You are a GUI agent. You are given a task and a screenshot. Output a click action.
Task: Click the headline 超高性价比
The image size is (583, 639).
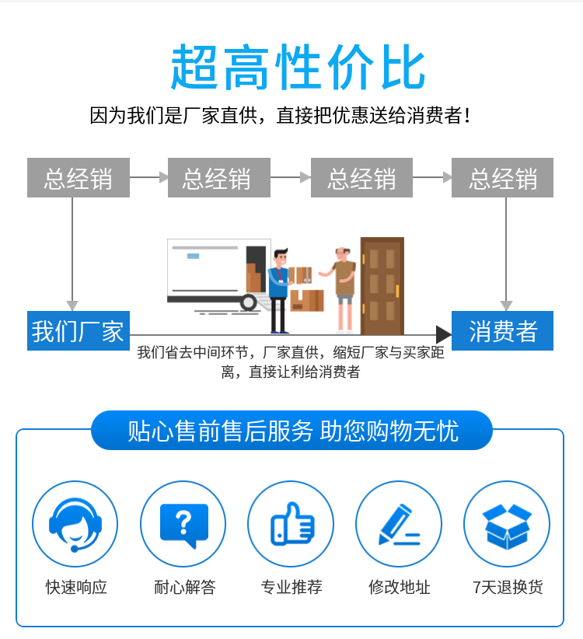(x=298, y=67)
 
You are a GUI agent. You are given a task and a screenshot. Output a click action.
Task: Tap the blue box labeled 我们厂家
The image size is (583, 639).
(x=79, y=330)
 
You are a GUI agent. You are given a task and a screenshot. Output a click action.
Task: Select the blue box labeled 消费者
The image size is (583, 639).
(x=502, y=330)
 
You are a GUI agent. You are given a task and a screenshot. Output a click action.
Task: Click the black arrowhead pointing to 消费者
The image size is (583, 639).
(x=443, y=334)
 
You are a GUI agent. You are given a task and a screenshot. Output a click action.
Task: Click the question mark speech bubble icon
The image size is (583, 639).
(x=183, y=524)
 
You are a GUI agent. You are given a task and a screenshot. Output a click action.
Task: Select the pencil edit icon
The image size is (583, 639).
(x=399, y=524)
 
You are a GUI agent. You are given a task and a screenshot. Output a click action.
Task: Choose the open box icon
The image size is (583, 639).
(x=507, y=524)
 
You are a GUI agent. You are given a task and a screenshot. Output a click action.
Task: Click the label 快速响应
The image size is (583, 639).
(x=76, y=587)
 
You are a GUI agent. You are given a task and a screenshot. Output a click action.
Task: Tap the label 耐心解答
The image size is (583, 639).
(x=184, y=587)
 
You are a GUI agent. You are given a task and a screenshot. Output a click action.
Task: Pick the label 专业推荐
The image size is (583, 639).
(x=291, y=587)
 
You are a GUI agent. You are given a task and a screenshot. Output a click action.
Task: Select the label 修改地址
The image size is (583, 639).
(x=400, y=587)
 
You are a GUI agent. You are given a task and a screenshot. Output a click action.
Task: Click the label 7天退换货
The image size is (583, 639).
(x=508, y=587)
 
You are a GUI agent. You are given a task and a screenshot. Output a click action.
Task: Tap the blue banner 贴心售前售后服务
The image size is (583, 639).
(x=291, y=431)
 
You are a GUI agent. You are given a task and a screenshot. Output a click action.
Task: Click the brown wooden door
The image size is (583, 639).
(x=382, y=285)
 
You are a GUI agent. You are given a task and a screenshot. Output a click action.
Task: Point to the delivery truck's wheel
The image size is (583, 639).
(x=248, y=302)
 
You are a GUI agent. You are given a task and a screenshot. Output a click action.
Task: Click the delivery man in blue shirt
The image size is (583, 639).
(x=280, y=291)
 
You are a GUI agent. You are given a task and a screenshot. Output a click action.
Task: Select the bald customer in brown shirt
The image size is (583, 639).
(x=342, y=289)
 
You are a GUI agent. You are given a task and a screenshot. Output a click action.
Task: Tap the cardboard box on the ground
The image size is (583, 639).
(x=307, y=300)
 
